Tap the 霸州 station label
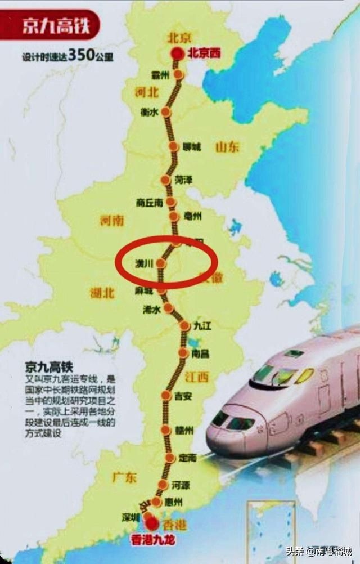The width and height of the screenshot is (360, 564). click(x=160, y=75)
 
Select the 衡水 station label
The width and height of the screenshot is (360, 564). click(x=149, y=112)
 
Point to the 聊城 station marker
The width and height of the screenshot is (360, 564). click(x=173, y=146)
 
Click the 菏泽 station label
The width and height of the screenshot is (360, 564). click(x=184, y=180)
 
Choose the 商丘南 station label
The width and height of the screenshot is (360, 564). click(x=149, y=202)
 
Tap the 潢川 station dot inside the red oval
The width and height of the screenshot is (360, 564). click(x=160, y=263)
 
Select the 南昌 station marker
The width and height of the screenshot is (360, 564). click(x=183, y=353)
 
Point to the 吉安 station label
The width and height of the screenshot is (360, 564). click(x=183, y=396)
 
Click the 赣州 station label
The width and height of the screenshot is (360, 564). click(x=184, y=430)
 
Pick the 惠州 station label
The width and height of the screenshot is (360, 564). click(x=175, y=502)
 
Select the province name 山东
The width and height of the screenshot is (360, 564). click(x=227, y=147)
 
